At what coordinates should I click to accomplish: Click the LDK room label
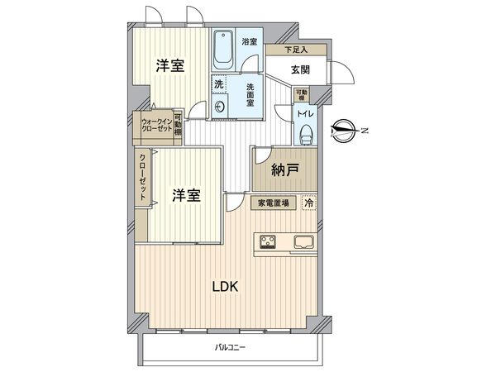click(x=225, y=288)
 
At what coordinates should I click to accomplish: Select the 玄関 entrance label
click(x=299, y=71)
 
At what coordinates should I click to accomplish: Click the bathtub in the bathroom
click(x=223, y=52)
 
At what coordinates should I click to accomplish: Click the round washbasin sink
click(x=221, y=107)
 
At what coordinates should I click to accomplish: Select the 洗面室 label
click(x=250, y=94)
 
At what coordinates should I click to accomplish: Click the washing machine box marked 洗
click(x=219, y=83)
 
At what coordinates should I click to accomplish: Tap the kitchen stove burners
click(x=269, y=242)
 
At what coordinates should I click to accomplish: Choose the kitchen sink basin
click(x=302, y=242)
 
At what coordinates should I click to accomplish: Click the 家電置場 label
click(x=274, y=202)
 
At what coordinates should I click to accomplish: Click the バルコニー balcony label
click(x=231, y=347)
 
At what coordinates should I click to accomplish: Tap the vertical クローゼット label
click(x=144, y=179)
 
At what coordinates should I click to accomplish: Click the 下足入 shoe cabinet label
click(x=296, y=50)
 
